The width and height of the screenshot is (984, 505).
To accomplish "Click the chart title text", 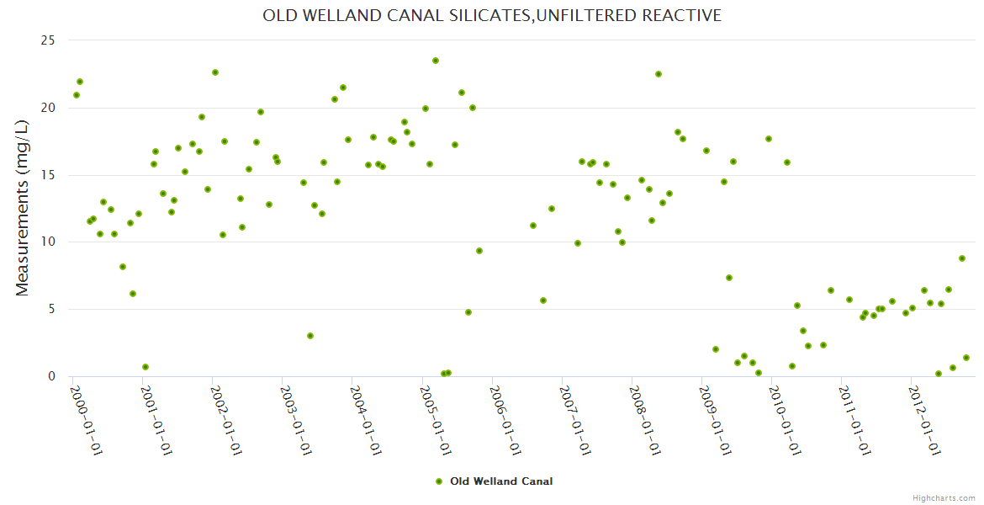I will pos(492,16).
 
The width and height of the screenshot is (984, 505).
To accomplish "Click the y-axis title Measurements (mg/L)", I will pos(23,208).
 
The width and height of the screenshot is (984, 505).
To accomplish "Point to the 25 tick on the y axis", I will pos(47,40).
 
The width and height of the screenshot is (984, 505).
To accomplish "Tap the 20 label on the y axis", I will pos(47,108).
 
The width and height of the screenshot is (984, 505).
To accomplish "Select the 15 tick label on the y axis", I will pos(47,175).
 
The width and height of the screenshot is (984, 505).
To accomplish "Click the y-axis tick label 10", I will pos(47,242).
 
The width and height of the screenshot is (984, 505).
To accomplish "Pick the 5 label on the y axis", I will pos(50,309).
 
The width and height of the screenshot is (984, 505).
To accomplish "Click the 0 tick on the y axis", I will pos(50,376).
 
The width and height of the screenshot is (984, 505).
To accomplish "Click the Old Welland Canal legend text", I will pos(501,481).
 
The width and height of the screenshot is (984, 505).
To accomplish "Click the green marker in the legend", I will pos(438,481).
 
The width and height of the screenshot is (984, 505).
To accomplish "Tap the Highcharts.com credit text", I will pos(944,498).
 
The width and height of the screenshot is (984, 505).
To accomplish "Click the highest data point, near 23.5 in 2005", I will pos(436,61).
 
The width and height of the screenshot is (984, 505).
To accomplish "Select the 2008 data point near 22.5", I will pos(659,74).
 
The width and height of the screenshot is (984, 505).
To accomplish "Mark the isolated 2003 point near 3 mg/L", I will pos(310,336).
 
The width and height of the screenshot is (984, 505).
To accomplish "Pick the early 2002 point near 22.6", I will pos(215,72).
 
